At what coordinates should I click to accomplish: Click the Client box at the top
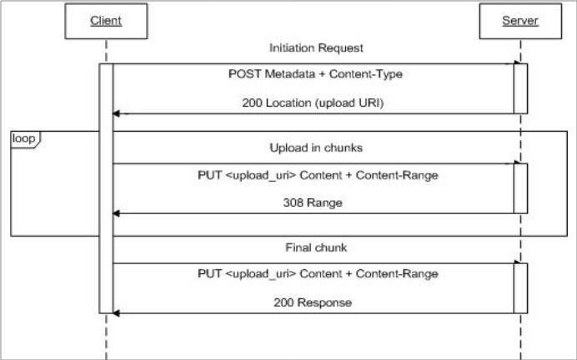tap(106, 21)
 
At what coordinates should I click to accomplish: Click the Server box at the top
tap(519, 21)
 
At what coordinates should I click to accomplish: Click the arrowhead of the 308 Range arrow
tap(117, 213)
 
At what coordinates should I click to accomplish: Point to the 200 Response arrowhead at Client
tap(117, 313)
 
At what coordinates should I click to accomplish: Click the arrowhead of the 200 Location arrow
tap(117, 113)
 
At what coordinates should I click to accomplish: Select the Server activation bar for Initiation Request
tap(520, 88)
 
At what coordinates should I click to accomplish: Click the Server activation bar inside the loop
tap(520, 188)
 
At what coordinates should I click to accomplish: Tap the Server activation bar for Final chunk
tap(520, 288)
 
